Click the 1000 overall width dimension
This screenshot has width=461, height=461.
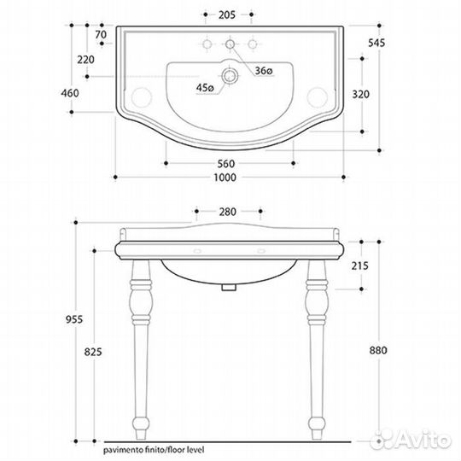pyautogui.click(x=225, y=178)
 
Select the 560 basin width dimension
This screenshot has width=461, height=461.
pyautogui.click(x=226, y=163)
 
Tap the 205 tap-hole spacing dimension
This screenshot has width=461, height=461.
pyautogui.click(x=227, y=15)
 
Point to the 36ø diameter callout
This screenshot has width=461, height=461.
pyautogui.click(x=264, y=71)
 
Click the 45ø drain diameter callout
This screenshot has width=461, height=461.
pyautogui.click(x=205, y=87)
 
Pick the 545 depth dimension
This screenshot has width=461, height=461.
pyautogui.click(x=376, y=43)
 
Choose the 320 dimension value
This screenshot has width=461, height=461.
pyautogui.click(x=361, y=95)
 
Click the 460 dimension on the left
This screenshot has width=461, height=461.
pyautogui.click(x=70, y=93)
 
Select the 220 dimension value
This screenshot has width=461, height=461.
pyautogui.click(x=86, y=60)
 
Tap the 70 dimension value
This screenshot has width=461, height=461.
pyautogui.click(x=101, y=35)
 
